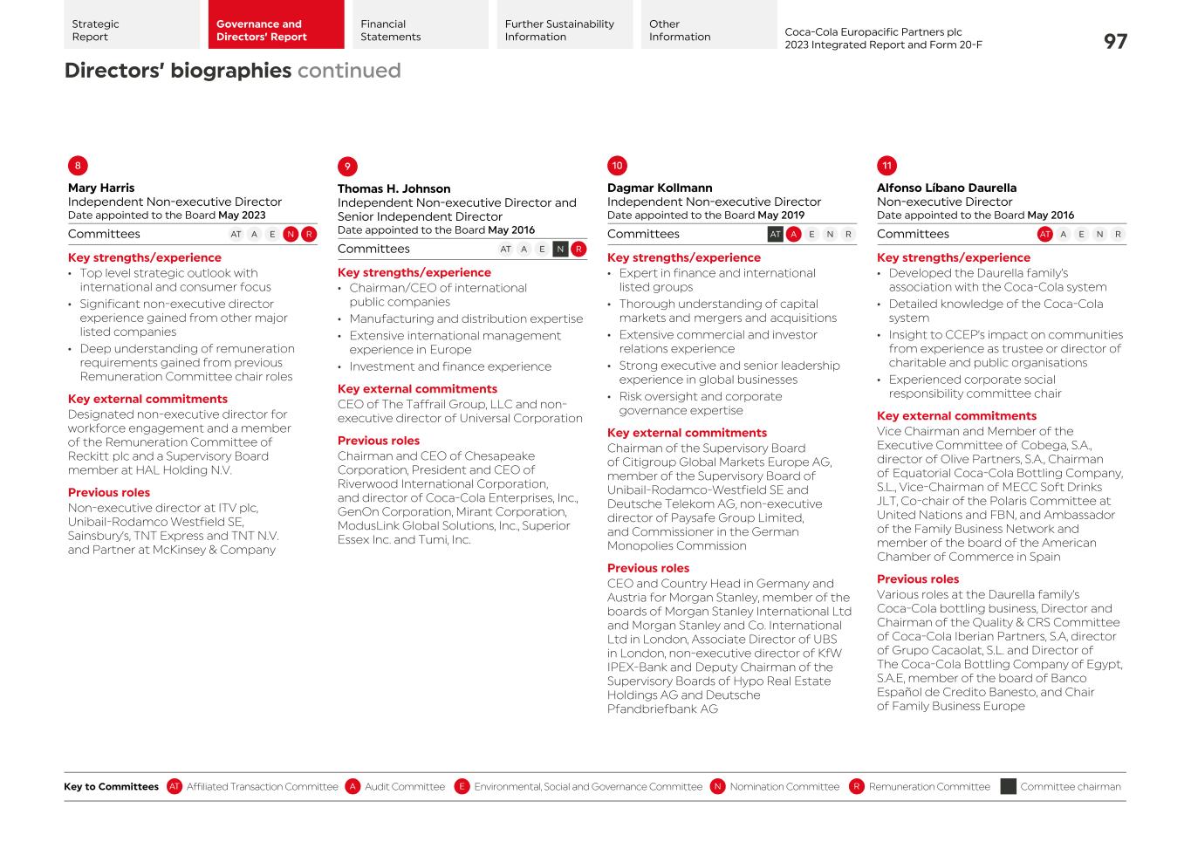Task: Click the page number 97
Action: tap(1114, 42)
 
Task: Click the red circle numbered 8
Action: tap(78, 166)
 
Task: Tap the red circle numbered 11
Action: tap(886, 166)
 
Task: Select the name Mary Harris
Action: tap(101, 188)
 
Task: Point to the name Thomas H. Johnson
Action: tap(394, 188)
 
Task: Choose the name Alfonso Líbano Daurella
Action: tap(946, 188)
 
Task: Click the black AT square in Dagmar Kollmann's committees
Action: tap(775, 234)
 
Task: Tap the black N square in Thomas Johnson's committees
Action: tap(560, 249)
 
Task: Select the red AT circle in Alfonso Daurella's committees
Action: tap(1044, 234)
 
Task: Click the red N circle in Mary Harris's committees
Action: tap(291, 234)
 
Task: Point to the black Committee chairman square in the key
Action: tap(1008, 786)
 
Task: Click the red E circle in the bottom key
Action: tap(462, 786)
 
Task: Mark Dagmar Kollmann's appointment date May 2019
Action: tap(781, 216)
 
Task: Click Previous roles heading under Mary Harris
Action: tap(109, 492)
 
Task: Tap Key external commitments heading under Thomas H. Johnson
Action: tap(417, 389)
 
